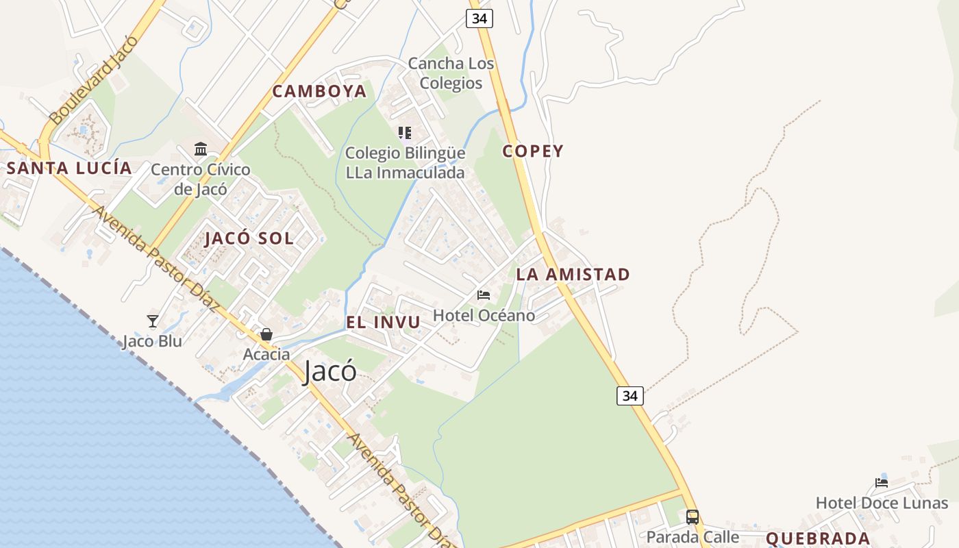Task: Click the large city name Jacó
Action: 330,371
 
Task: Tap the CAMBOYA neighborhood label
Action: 320,92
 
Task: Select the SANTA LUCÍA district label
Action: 69,169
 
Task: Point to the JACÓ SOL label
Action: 249,239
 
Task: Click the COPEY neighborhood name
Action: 533,151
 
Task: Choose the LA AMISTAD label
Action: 573,275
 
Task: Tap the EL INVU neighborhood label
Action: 383,323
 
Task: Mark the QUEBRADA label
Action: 818,538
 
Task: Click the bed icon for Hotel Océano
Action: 484,295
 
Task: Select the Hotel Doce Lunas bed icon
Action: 882,483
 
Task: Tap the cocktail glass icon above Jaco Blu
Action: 153,321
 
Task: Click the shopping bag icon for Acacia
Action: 266,334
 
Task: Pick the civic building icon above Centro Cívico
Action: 201,149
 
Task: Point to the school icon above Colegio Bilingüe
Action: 405,132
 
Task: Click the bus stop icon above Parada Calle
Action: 693,516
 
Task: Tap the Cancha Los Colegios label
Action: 451,73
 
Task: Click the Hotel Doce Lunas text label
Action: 882,503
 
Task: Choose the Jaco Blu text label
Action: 152,341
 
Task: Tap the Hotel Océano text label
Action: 484,316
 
